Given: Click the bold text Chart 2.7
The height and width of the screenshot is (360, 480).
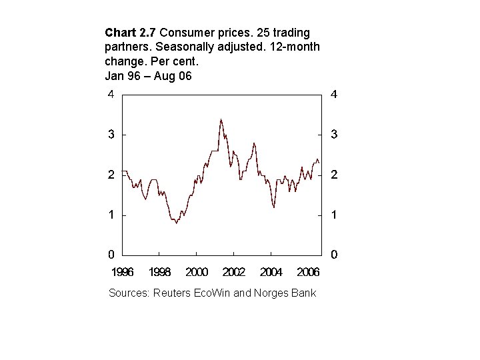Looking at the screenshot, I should (131, 32).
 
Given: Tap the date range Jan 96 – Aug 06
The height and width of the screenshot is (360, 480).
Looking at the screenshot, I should (148, 76).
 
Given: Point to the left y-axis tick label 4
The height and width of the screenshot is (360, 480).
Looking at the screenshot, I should (111, 94).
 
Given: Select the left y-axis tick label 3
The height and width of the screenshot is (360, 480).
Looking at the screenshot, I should (111, 135).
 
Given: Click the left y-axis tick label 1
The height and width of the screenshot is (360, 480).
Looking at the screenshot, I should (111, 215).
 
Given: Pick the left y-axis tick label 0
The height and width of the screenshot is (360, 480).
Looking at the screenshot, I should (111, 255).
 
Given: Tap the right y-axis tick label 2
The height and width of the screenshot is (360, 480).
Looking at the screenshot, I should (334, 175).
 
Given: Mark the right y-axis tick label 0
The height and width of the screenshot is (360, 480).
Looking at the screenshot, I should (334, 255).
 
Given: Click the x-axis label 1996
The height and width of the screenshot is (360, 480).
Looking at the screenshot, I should (123, 272).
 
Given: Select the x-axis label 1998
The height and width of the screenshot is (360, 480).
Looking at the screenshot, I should (160, 272).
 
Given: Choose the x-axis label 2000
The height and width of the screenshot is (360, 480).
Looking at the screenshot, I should (197, 272).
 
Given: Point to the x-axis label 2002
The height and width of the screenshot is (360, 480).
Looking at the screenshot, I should (234, 272).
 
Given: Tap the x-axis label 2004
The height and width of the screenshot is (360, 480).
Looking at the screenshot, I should (271, 272).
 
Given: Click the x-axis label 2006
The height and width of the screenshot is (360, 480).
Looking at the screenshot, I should (307, 272).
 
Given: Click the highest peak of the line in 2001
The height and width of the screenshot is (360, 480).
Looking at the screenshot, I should (221, 120).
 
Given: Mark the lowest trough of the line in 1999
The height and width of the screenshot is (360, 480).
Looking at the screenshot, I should (176, 223).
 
